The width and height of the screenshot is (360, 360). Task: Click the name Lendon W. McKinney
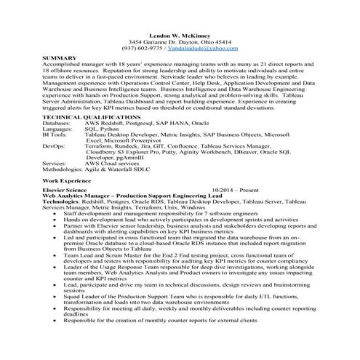click(180, 35)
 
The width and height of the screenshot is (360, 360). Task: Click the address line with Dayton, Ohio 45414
click(180, 41)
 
